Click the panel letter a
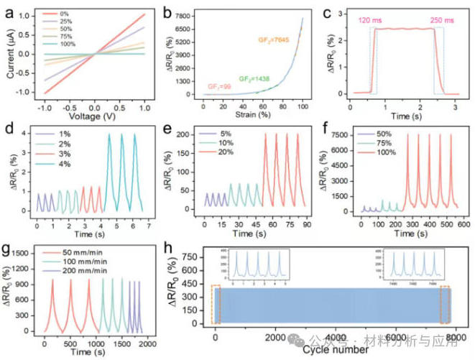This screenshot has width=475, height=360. click(10, 9)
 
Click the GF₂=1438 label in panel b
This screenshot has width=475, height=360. click(254, 77)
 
